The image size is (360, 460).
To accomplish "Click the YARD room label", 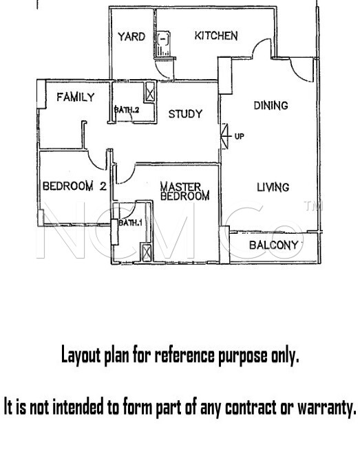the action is click(x=131, y=36).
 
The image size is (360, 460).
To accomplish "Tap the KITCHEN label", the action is click(x=216, y=36).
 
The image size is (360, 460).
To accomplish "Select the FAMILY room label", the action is click(x=76, y=97).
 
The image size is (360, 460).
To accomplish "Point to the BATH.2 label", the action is click(x=126, y=110).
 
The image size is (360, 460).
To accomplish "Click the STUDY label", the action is click(x=186, y=114).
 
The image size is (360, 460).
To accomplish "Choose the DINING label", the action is click(x=271, y=105).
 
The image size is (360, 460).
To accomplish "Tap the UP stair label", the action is click(x=240, y=136).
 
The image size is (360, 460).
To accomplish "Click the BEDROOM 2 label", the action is click(x=74, y=186).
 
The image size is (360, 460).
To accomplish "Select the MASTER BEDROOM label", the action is click(x=184, y=191).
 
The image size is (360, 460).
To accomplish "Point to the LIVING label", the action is click(x=273, y=187).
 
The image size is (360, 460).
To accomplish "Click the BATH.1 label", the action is click(x=130, y=223).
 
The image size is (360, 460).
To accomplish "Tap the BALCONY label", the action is click(x=274, y=245).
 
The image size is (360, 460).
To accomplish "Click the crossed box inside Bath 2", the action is click(x=150, y=91).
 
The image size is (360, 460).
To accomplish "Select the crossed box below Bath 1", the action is click(x=147, y=252).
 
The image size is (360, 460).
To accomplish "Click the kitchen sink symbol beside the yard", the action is click(x=163, y=44).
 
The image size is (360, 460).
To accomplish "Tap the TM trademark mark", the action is click(x=314, y=206).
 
